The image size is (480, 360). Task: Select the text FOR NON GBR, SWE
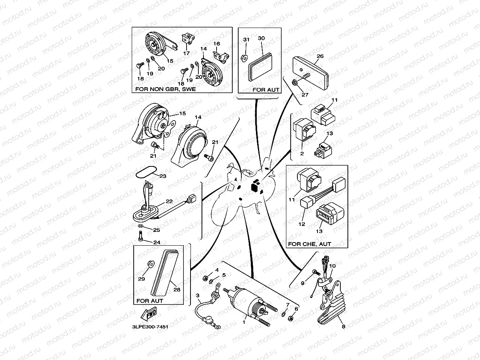(165, 89)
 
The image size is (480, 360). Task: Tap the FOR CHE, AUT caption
(310, 244)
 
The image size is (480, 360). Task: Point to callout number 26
(320, 56)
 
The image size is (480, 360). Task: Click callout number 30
(261, 38)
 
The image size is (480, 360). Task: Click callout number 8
(343, 326)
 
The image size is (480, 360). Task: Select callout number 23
(162, 176)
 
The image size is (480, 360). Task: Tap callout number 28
(177, 289)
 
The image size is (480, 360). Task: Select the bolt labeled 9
(314, 272)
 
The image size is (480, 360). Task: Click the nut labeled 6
(290, 317)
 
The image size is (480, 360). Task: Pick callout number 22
(169, 201)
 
